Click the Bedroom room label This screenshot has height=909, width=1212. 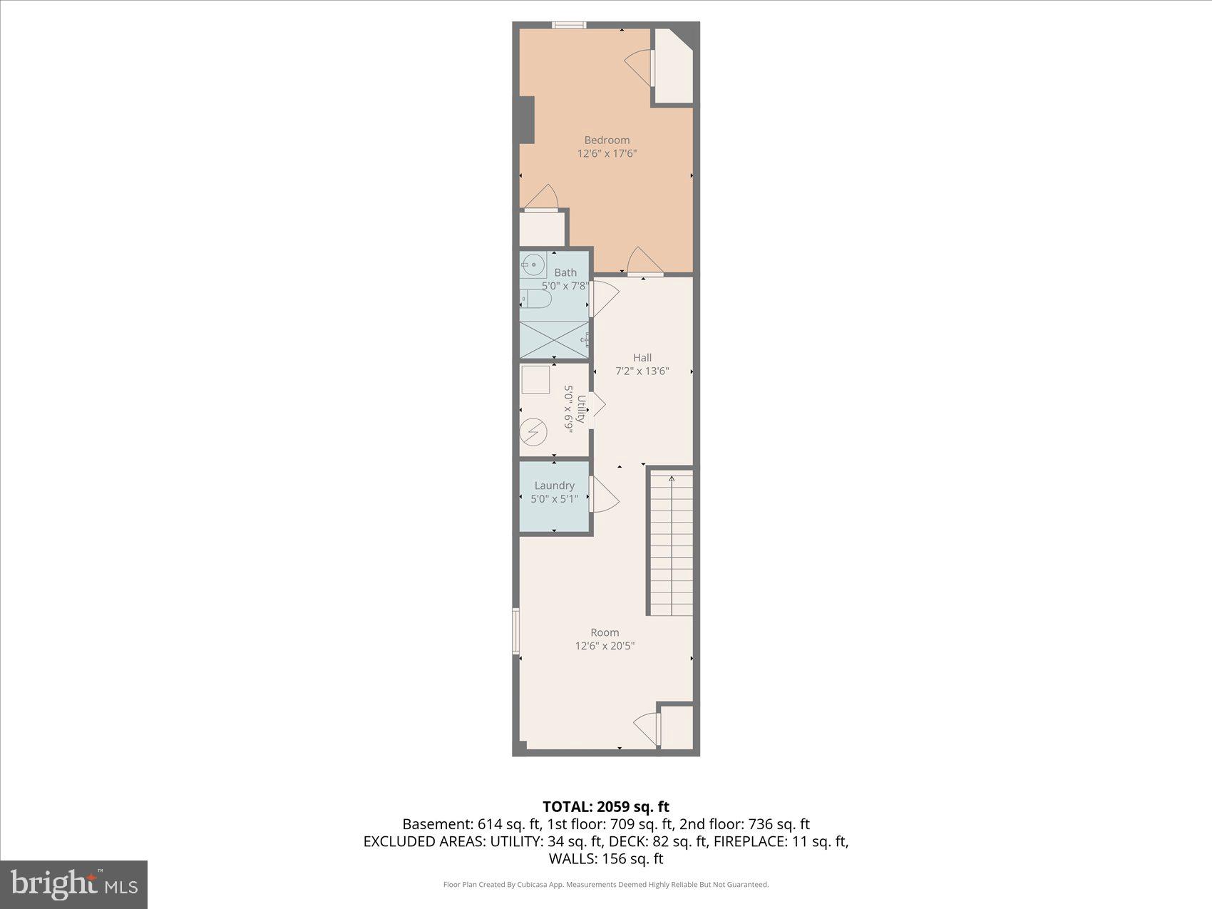coord(607,140)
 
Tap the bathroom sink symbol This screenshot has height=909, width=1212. coord(532,265)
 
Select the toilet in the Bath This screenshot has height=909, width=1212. coord(535,299)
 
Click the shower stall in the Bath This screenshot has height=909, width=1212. coord(554,340)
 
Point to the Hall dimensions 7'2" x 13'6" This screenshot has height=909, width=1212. coord(642,371)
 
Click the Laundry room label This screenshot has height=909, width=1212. coord(554,486)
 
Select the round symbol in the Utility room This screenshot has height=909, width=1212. coord(533,431)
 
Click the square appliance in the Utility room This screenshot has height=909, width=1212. coord(535,379)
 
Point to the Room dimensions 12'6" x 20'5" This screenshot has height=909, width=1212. coord(605,646)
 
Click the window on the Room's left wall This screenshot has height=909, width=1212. coord(515,631)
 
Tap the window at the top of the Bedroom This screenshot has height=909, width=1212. coord(569,25)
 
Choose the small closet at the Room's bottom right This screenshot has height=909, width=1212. coord(677,726)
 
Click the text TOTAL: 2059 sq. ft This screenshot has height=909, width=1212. coord(605,806)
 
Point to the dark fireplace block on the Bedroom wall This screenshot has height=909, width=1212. coord(526,119)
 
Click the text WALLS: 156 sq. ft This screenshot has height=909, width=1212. coord(605,858)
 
